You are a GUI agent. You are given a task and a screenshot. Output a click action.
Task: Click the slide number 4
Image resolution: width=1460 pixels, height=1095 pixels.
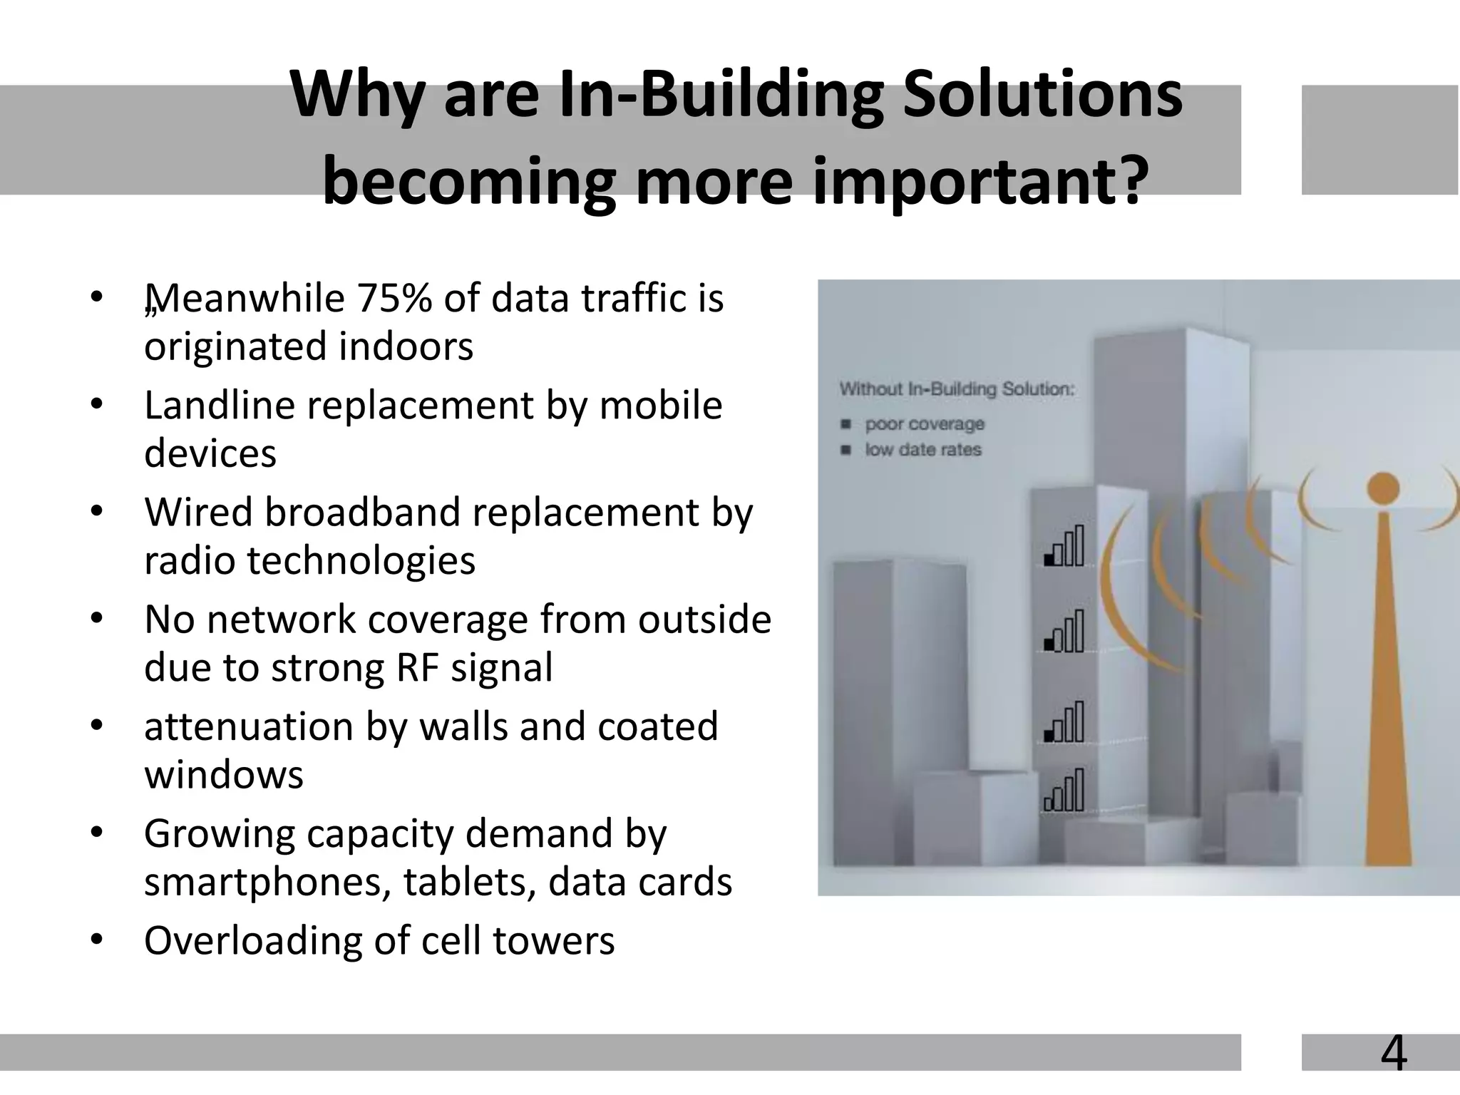[1394, 1053]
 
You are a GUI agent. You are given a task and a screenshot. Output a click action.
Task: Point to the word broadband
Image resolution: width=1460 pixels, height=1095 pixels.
[366, 512]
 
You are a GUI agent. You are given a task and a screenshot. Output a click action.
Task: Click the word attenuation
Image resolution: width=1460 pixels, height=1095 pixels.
[248, 726]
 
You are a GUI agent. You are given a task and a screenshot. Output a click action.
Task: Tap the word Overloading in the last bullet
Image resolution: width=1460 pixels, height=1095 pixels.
[251, 940]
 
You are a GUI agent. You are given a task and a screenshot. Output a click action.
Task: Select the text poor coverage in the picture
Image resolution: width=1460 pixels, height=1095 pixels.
[924, 424]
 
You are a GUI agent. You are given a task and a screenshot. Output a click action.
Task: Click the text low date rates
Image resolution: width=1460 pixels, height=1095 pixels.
[922, 450]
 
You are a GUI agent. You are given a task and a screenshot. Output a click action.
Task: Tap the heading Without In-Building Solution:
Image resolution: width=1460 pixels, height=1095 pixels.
[957, 389]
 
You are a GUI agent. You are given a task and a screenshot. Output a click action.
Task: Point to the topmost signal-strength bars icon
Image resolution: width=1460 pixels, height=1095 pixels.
[1064, 546]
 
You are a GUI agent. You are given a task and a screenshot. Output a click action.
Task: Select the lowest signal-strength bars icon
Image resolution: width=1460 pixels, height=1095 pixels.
[1064, 791]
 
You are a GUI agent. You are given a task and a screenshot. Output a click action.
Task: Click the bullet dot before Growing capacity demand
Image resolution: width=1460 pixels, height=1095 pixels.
[98, 832]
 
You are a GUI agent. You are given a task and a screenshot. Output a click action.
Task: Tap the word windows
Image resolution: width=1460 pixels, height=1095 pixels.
[223, 775]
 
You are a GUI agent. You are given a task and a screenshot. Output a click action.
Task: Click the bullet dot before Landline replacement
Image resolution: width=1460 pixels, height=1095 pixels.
[98, 404]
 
